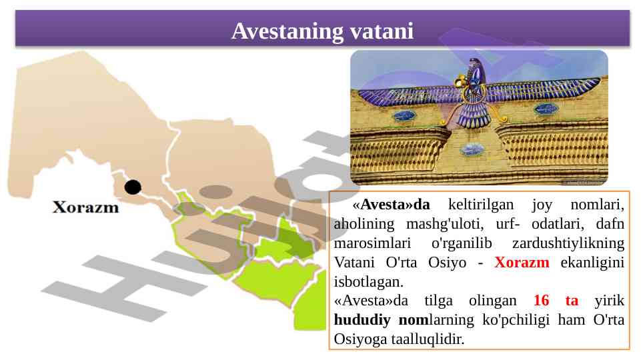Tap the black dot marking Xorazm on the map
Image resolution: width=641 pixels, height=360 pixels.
(133, 187)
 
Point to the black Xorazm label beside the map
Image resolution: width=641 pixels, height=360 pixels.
(86, 207)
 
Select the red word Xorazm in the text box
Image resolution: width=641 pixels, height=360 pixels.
(522, 263)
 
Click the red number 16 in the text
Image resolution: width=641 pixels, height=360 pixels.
(541, 301)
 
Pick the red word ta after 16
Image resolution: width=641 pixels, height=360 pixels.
(572, 301)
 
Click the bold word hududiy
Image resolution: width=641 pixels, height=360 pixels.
(362, 320)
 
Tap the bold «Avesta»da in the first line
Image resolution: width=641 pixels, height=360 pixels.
(392, 204)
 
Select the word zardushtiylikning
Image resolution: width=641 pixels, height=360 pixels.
(568, 243)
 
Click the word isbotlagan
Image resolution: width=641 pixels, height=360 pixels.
(368, 281)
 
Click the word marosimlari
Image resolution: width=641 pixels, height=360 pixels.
(372, 243)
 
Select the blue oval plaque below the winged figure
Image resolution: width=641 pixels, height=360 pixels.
(472, 149)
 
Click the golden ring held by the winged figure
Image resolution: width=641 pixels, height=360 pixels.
(461, 82)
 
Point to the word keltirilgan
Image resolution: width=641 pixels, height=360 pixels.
(481, 204)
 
